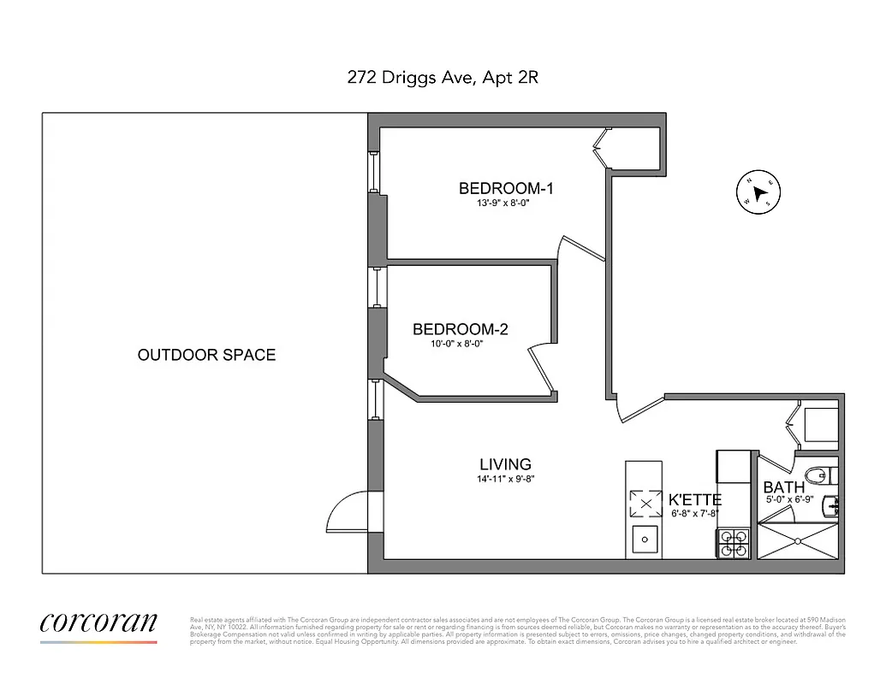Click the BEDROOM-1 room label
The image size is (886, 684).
pos(506,188)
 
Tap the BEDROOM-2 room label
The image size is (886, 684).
pos(460,329)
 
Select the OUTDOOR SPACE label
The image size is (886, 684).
pos(206,355)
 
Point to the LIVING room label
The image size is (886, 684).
pos(505,465)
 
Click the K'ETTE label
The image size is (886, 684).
pos(694,500)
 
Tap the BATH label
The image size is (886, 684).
pos(783,488)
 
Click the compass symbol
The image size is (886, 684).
pos(757,192)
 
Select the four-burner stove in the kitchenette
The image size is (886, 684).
pos(733,545)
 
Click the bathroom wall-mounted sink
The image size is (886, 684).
pos(830,506)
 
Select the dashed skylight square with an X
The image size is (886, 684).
pos(645,504)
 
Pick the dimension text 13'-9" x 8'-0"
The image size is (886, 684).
pos(505,204)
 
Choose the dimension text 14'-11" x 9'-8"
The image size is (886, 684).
pos(505,480)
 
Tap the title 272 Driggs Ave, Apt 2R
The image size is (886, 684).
pos(443,78)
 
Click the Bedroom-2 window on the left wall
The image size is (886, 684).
pos(375,287)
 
